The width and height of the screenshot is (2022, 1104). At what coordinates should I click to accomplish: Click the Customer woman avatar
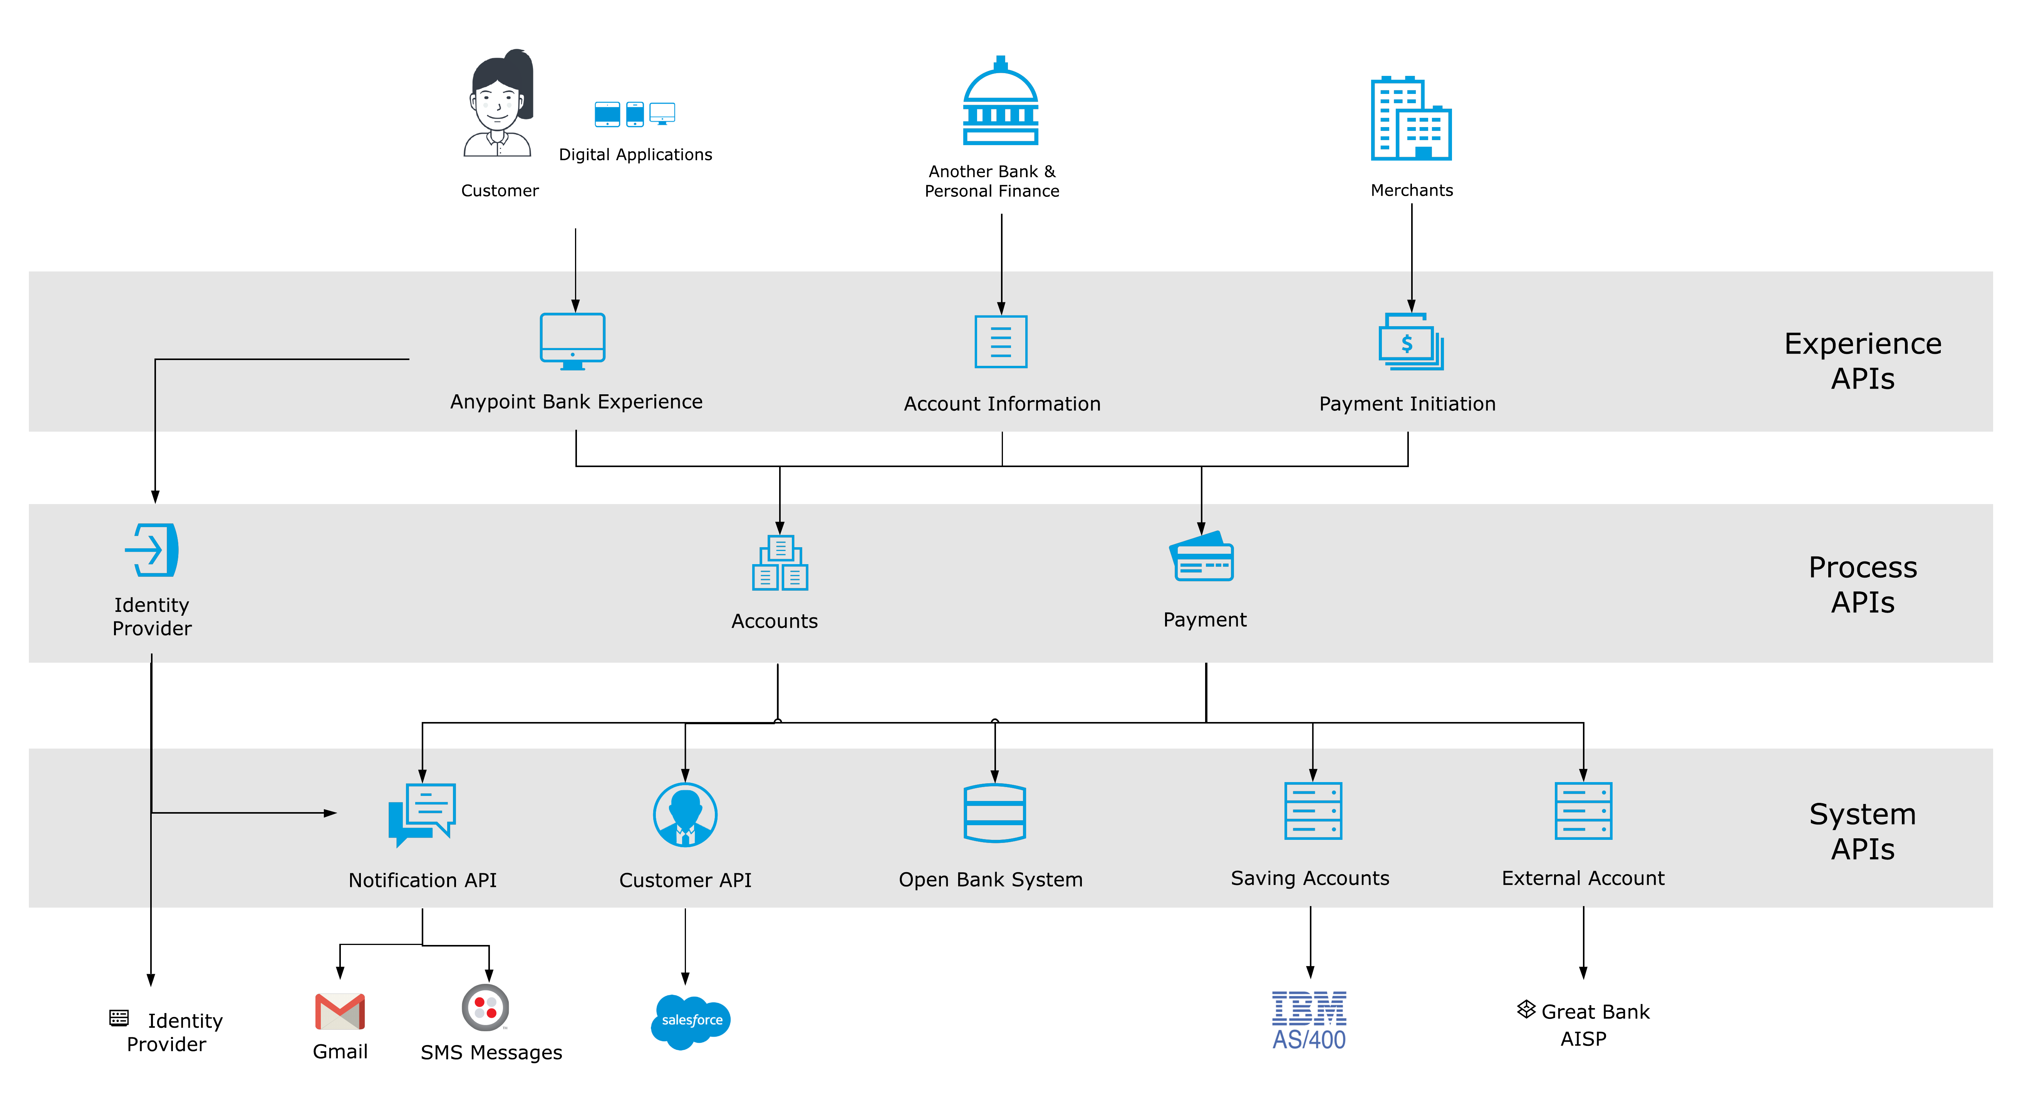(x=498, y=102)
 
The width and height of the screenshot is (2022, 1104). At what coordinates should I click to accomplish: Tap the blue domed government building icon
(x=1001, y=102)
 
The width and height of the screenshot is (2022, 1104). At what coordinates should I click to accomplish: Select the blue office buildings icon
(x=1410, y=119)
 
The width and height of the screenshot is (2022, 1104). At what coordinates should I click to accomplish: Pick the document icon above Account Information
(x=1001, y=341)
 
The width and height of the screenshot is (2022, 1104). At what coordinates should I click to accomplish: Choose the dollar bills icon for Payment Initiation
(x=1410, y=342)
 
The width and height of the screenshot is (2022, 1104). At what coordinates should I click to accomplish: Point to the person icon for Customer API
(x=685, y=814)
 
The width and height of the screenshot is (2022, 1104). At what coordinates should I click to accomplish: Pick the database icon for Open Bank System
(x=994, y=813)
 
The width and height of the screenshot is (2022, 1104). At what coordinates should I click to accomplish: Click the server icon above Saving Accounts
(x=1313, y=811)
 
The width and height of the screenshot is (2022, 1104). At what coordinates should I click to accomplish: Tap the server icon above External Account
(x=1583, y=811)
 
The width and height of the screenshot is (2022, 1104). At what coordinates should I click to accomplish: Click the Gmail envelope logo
(x=340, y=1012)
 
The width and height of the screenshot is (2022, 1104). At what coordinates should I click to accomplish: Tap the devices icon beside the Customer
(x=634, y=114)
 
